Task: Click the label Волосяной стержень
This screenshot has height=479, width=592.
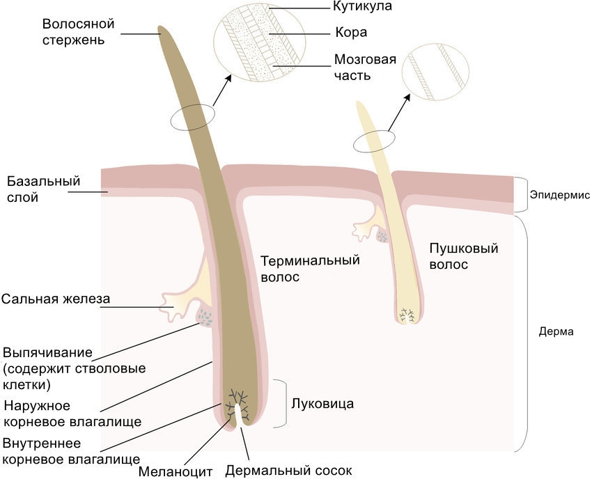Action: point(78,32)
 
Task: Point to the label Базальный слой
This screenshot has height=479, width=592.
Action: point(44,189)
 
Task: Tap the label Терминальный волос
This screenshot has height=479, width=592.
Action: point(310,268)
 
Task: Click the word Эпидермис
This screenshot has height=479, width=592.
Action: point(558,195)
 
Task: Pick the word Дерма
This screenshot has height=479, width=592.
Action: point(556,332)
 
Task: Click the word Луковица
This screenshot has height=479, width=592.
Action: point(322,403)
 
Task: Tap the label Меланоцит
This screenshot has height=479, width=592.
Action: point(175,471)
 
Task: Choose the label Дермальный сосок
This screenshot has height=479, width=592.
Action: point(288,471)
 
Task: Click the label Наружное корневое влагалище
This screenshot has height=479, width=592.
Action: point(72,414)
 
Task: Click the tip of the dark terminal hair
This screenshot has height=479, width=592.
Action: point(161,31)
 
